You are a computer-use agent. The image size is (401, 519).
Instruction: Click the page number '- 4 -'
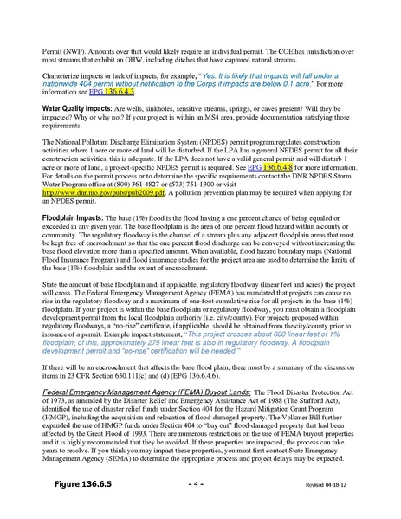[x=197, y=484]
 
